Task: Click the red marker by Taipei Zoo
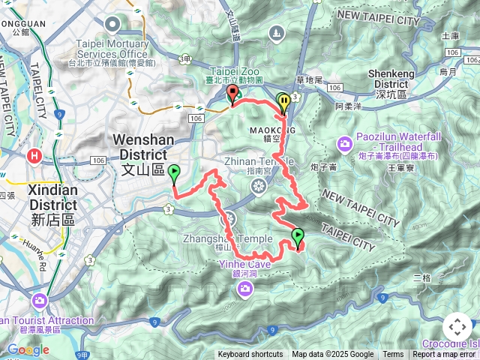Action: tap(232, 94)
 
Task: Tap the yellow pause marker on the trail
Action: tap(283, 101)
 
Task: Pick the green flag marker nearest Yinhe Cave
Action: tap(298, 238)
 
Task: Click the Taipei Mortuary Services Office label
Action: tap(112, 49)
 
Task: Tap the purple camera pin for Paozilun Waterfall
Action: tap(344, 142)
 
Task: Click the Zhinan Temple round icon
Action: tap(259, 186)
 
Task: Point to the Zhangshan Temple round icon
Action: tap(229, 218)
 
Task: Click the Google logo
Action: tap(28, 350)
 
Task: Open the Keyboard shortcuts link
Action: tap(250, 355)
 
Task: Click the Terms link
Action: tap(393, 355)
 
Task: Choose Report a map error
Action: tap(445, 355)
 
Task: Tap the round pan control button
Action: tap(457, 327)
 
